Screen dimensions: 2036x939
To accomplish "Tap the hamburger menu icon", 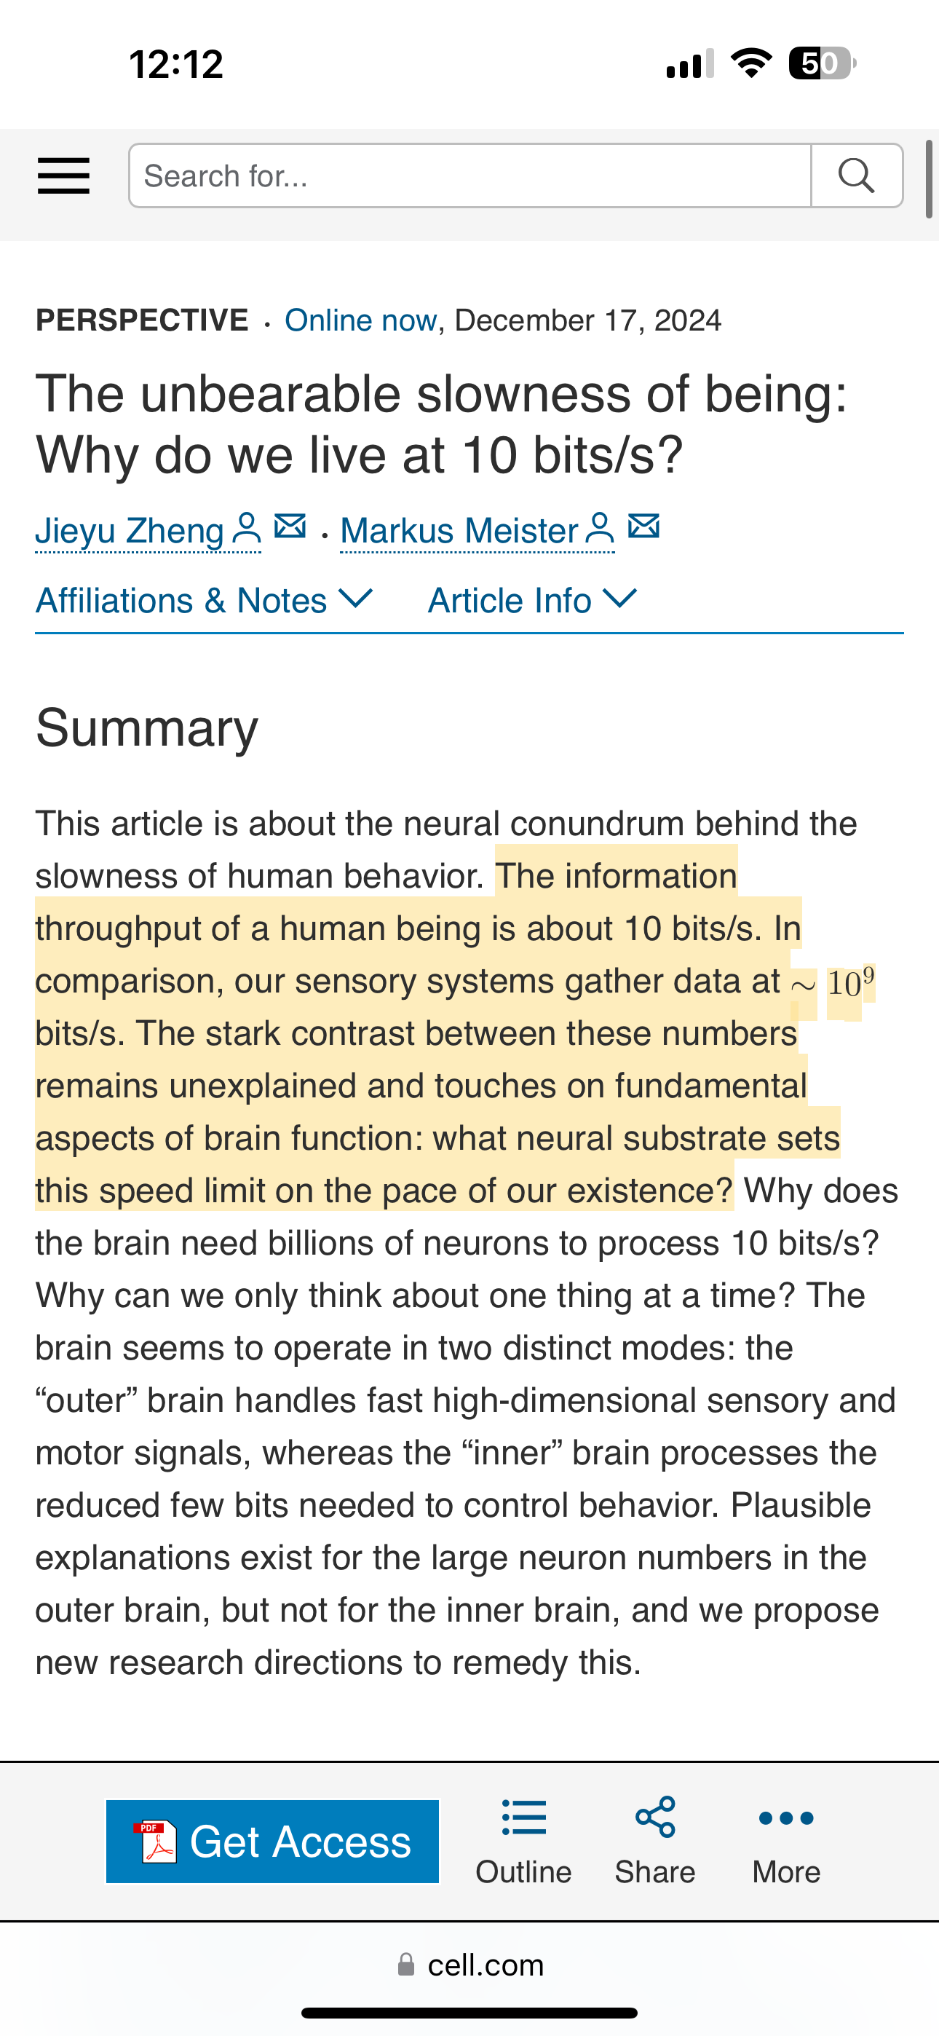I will click(x=63, y=175).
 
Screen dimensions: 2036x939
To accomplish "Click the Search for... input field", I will click(x=469, y=175).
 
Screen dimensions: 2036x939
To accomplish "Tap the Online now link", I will click(x=360, y=320).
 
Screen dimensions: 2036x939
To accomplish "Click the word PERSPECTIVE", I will click(x=142, y=320).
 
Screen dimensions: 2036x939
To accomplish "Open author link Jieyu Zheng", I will click(x=130, y=530).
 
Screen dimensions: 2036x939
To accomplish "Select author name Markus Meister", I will click(x=459, y=530).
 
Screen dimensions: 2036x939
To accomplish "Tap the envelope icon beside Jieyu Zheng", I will click(x=290, y=526).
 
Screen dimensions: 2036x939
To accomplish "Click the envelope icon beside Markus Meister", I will click(x=644, y=526).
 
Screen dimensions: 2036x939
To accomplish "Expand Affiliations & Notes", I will click(x=203, y=601).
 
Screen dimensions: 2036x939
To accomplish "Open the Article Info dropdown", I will click(x=532, y=601).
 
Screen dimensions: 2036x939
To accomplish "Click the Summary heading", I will click(x=147, y=727).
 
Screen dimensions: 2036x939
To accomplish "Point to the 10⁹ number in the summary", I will click(x=850, y=982).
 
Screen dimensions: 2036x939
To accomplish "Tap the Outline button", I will click(x=523, y=1842).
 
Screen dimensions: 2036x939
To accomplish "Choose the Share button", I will click(x=655, y=1842).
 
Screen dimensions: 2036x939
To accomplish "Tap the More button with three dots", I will click(x=785, y=1842).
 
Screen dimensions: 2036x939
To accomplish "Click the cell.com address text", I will click(x=486, y=1965).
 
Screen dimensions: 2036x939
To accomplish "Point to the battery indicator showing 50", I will click(x=822, y=63).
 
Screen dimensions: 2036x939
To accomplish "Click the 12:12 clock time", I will click(x=176, y=64).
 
